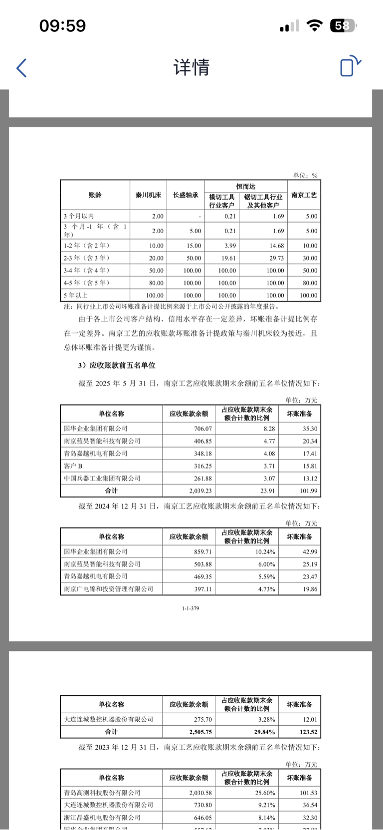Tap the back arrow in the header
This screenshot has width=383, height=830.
point(21,68)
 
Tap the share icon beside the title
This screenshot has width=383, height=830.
point(350,66)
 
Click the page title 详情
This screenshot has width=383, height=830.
point(191,67)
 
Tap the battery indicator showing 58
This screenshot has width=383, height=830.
point(343,25)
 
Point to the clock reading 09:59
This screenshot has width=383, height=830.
point(62,25)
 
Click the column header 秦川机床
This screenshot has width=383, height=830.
point(148,195)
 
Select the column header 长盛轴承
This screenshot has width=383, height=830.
point(186,195)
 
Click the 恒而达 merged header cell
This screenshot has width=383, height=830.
point(246,186)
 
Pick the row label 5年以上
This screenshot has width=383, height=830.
point(75,295)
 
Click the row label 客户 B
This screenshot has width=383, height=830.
point(73,466)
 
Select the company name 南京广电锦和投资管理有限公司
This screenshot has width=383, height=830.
point(109,589)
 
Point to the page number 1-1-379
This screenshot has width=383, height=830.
point(191,608)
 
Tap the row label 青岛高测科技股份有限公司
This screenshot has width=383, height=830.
point(102,793)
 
